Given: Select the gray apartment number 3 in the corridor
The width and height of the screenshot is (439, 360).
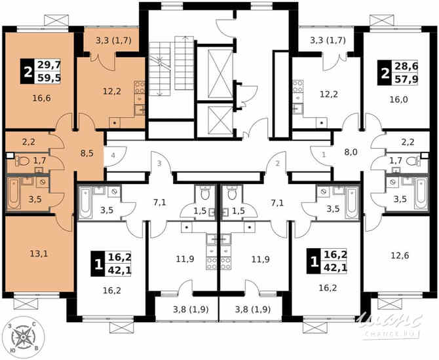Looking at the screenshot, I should coord(158,163).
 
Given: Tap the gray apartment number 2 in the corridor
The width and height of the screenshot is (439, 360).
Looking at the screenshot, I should coord(278,163).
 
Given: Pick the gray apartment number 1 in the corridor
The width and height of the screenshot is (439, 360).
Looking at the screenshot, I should coord(323,155).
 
